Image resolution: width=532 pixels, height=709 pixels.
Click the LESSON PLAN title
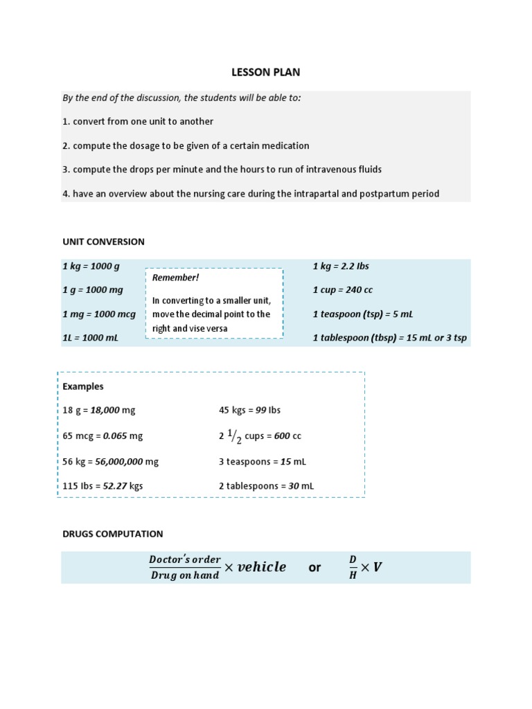[265, 72]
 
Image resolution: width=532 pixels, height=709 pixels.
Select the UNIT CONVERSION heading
[103, 242]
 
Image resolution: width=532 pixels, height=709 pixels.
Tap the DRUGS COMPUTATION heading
[113, 534]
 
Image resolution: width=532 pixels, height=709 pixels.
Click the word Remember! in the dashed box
[175, 278]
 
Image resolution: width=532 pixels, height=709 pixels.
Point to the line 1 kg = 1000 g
[91, 266]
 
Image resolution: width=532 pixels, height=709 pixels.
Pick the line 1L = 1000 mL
[90, 338]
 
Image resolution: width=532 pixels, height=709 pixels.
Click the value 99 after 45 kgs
[260, 410]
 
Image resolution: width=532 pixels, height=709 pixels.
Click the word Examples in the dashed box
[83, 386]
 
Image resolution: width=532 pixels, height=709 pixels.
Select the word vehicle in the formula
[261, 567]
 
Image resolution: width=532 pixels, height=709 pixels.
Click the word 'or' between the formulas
[314, 568]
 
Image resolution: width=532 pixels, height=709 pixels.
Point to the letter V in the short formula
[378, 568]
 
